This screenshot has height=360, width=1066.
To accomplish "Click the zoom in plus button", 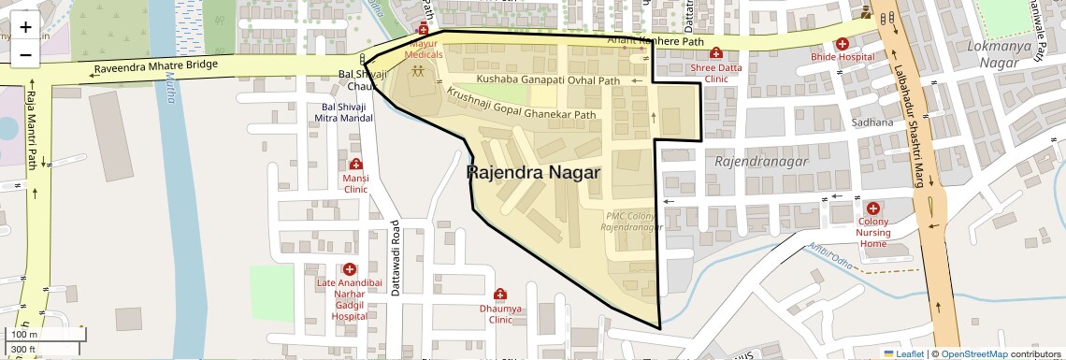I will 25,26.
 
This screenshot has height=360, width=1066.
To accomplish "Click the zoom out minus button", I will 25,53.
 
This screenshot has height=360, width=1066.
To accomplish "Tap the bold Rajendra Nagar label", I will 533,173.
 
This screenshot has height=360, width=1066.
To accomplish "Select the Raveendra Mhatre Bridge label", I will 155,67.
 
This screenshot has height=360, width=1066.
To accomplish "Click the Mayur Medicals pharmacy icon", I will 424,31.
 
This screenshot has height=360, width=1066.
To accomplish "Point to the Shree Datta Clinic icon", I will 716,53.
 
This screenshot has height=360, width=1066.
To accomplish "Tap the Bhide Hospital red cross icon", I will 842,43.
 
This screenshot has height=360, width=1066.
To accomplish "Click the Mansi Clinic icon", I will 355,165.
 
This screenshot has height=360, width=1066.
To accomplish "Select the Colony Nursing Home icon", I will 872,208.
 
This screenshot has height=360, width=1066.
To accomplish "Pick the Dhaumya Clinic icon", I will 500,295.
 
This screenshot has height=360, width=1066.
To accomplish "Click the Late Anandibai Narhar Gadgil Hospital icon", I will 349,269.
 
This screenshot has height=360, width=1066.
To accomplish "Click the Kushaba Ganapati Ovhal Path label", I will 548,81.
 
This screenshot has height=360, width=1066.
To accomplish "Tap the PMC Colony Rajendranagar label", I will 634,222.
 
